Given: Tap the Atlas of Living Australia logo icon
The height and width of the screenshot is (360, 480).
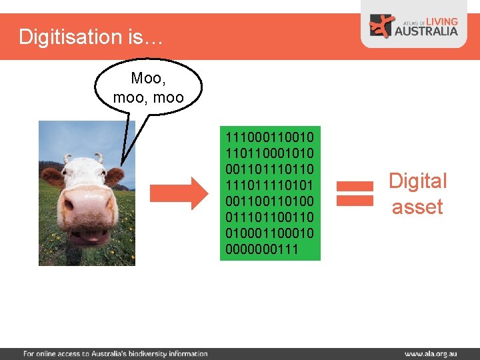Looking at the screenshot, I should pos(383,26).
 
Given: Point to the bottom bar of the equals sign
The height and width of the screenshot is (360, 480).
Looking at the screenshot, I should pos(354,201).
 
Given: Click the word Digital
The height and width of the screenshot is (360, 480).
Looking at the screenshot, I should pos(418,181).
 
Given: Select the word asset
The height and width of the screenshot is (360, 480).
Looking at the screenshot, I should pos(417,207).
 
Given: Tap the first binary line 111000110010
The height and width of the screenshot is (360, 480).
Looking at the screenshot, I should pos(270,137).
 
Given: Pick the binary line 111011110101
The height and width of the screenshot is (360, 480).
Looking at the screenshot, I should pos(270,185).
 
